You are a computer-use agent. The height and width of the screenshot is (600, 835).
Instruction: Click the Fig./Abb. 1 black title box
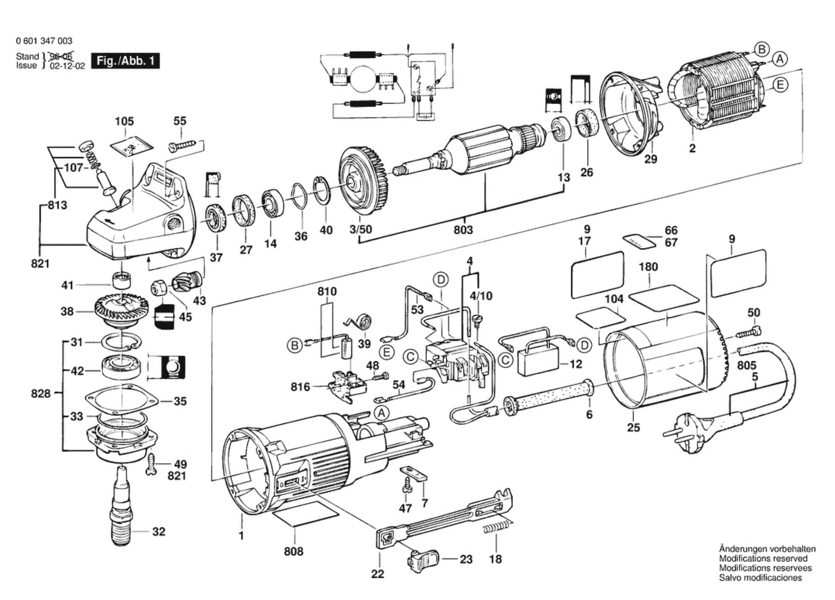(x=125, y=61)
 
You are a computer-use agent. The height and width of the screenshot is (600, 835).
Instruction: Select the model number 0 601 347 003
(x=44, y=41)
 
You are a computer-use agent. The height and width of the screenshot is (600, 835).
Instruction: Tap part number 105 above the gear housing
(x=124, y=121)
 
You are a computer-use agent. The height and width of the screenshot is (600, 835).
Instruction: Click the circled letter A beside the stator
(x=779, y=59)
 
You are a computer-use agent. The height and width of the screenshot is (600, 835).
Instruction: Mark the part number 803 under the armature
(x=463, y=230)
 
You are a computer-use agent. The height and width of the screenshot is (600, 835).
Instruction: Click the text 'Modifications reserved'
(x=763, y=558)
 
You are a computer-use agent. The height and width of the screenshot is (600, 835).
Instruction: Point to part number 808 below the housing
(x=293, y=551)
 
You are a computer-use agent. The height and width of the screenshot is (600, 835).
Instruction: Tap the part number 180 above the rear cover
(x=648, y=267)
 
